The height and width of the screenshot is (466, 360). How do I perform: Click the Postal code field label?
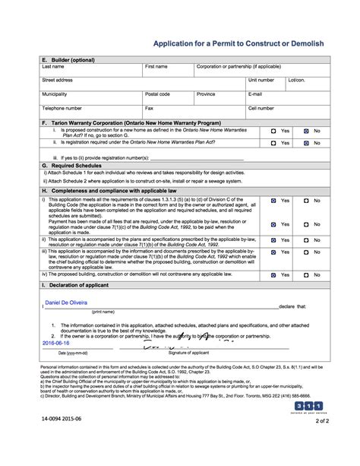[x=157, y=94]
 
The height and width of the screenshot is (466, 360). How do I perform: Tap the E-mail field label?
[x=255, y=94]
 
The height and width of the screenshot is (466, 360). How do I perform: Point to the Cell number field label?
[x=261, y=108]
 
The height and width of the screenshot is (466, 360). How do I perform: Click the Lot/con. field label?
[x=295, y=80]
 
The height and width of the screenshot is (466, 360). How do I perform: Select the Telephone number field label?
[x=62, y=108]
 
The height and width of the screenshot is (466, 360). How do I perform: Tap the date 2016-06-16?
[x=59, y=342]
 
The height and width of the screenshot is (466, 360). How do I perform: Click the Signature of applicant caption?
[x=188, y=353]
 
